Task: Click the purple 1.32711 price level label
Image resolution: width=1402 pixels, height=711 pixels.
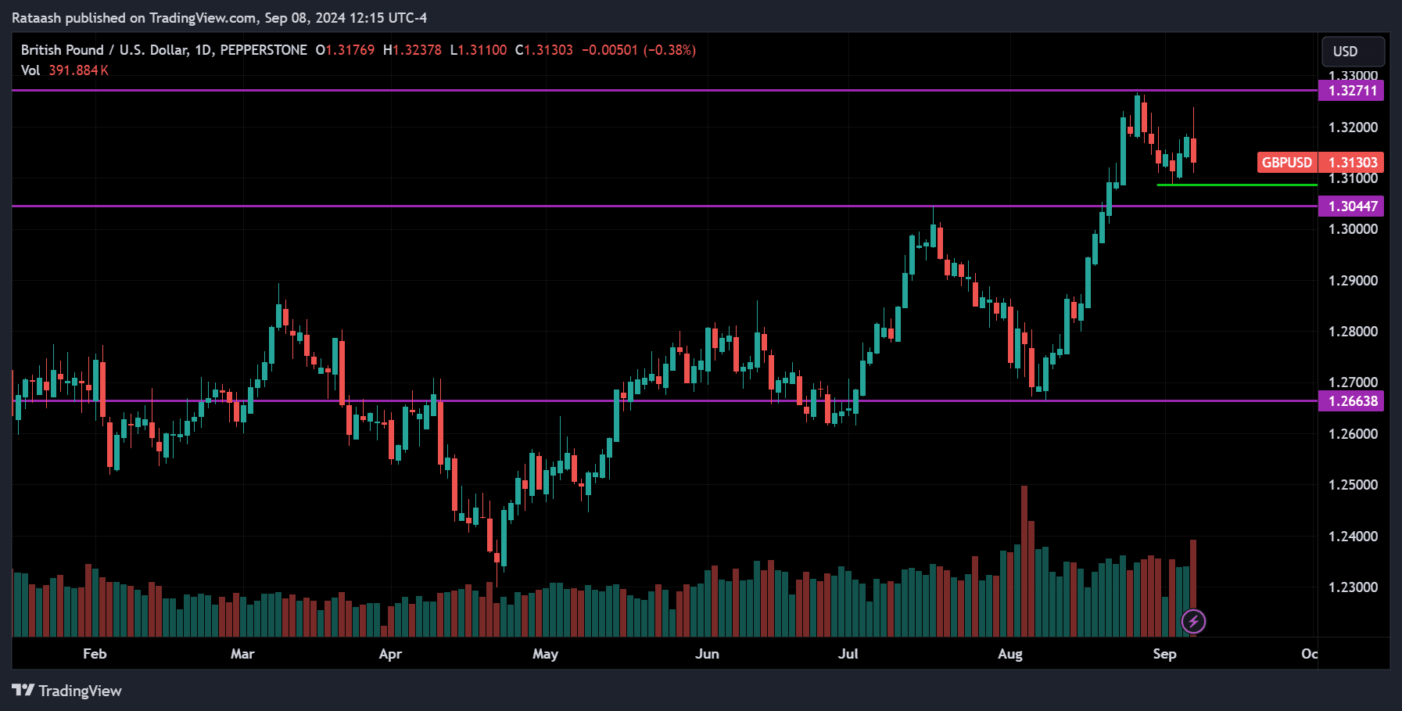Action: point(1352,91)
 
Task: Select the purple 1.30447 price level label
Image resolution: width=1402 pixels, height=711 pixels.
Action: point(1352,206)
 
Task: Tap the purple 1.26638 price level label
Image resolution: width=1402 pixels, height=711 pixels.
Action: point(1352,401)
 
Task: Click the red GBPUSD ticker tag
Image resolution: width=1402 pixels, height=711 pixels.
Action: point(1286,163)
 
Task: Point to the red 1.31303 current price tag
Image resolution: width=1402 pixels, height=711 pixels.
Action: point(1352,163)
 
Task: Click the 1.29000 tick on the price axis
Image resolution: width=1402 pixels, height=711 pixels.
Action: point(1353,281)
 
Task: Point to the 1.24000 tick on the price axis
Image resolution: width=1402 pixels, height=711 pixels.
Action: point(1353,537)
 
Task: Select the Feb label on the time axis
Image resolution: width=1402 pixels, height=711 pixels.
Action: point(95,654)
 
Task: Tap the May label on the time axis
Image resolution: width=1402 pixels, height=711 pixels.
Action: point(545,654)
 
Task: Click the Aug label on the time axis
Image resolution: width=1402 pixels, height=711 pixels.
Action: point(1009,654)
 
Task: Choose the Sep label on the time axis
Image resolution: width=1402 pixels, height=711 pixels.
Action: point(1164,654)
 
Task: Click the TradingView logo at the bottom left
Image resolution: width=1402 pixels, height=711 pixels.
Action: point(67,691)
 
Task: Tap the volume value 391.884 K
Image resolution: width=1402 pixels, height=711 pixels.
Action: point(78,70)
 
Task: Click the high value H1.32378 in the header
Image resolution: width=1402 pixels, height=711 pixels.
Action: point(412,50)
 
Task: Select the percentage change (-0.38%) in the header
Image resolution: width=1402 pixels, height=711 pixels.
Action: point(669,50)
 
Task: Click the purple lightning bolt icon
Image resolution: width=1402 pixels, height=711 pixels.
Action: point(1193,622)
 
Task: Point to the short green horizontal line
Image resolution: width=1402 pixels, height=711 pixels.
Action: point(1235,185)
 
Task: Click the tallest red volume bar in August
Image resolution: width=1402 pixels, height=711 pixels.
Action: point(1024,563)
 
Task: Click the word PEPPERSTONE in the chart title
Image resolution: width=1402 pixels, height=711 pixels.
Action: point(264,50)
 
